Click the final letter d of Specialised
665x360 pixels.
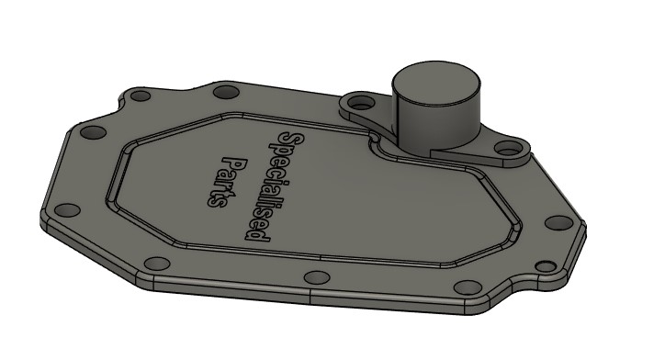coord(257,233)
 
